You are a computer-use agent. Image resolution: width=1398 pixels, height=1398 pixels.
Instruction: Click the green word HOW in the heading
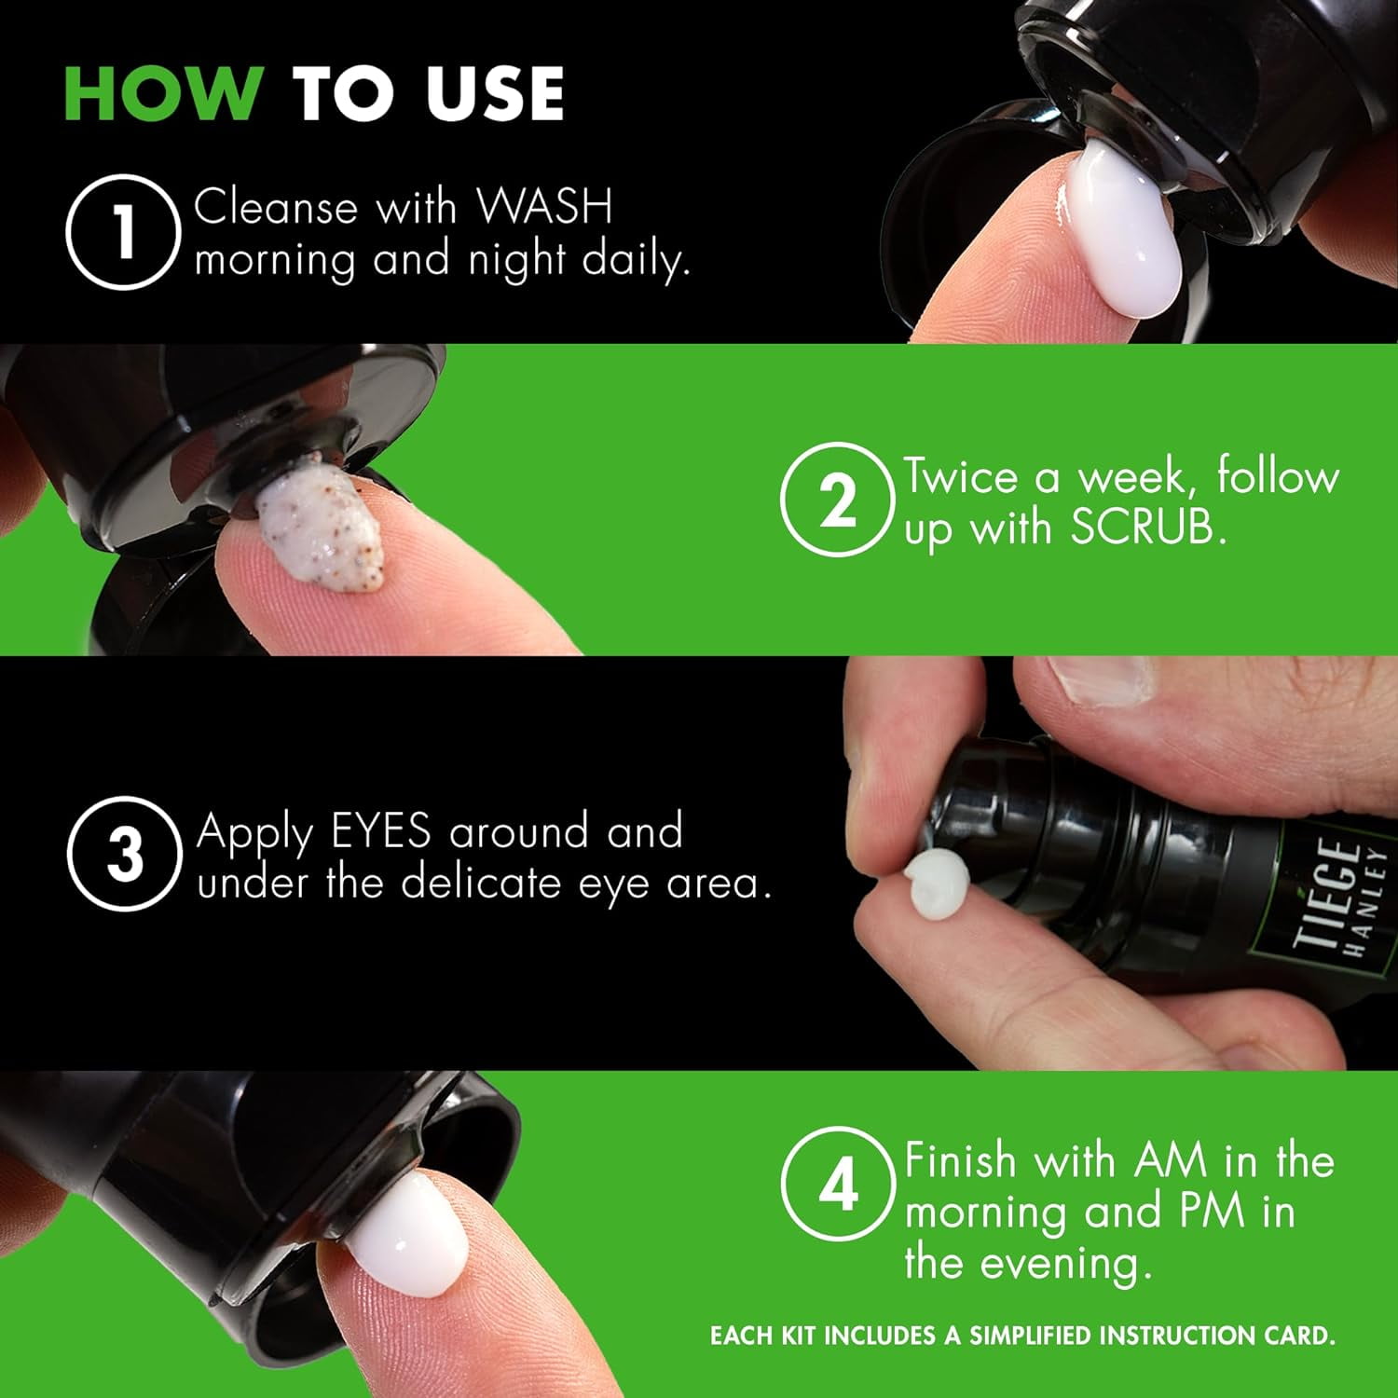click(162, 93)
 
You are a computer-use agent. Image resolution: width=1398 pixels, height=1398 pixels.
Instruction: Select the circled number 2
click(836, 501)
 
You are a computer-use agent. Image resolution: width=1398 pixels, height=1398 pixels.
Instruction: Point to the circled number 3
click(121, 854)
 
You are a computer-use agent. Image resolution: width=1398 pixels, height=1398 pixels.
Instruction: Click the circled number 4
click(836, 1186)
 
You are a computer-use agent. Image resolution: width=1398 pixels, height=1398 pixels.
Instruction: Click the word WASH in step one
click(544, 207)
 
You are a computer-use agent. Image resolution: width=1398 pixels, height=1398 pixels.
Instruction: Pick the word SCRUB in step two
click(1144, 528)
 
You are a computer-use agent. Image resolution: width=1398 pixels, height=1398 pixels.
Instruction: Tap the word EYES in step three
click(380, 831)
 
